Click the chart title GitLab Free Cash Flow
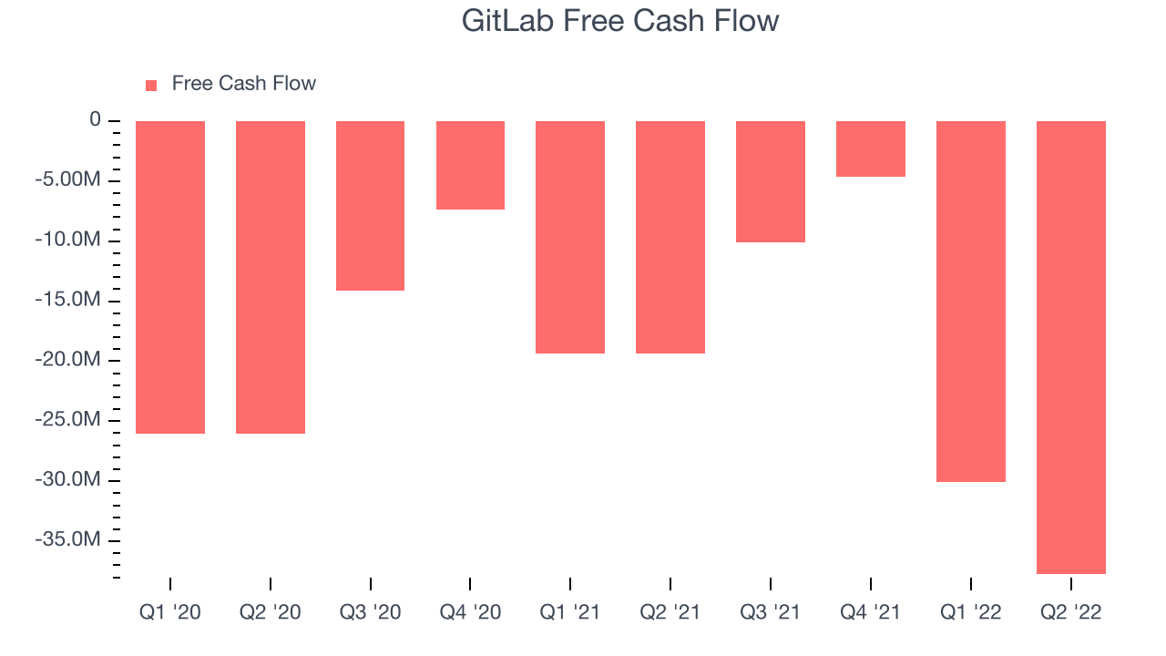[620, 21]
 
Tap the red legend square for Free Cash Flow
[151, 86]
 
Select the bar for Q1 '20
[170, 277]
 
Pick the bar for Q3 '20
[370, 206]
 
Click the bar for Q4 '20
[471, 165]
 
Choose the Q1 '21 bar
[570, 238]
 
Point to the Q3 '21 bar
[771, 181]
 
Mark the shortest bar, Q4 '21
[871, 149]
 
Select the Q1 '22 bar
[971, 302]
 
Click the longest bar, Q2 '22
[1071, 347]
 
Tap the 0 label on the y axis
[96, 119]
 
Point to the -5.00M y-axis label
[67, 179]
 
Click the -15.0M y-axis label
[67, 300]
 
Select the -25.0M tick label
[67, 419]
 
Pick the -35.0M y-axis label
[67, 538]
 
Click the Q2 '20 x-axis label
[271, 612]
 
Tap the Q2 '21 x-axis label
[670, 612]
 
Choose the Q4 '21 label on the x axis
[870, 612]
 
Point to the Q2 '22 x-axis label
[1070, 612]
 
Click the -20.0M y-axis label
[67, 359]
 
